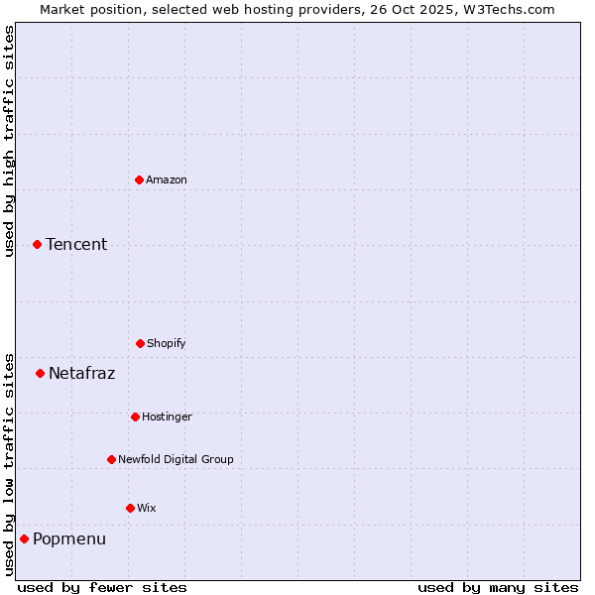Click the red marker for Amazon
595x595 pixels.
pyautogui.click(x=139, y=179)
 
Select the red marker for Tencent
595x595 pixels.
pyautogui.click(x=37, y=244)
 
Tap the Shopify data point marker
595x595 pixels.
pyautogui.click(x=140, y=343)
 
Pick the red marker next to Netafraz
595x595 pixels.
pyautogui.click(x=40, y=373)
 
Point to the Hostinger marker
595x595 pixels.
pyautogui.click(x=135, y=416)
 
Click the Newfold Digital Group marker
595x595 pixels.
pyautogui.click(x=111, y=459)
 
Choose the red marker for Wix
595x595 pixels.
pyautogui.click(x=130, y=508)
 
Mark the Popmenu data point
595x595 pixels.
pyautogui.click(x=24, y=538)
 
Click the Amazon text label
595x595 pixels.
pyautogui.click(x=167, y=179)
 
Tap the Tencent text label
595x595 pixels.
pyautogui.click(x=76, y=244)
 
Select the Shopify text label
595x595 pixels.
pyautogui.click(x=167, y=343)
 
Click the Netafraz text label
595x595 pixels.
pyautogui.click(x=81, y=373)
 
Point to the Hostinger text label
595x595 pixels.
pyautogui.click(x=167, y=416)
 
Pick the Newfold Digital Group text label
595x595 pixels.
pyautogui.click(x=176, y=459)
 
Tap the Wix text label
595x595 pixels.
pyautogui.click(x=147, y=508)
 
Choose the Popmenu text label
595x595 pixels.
pyautogui.click(x=69, y=538)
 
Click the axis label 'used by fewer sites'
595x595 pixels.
pyautogui.click(x=102, y=587)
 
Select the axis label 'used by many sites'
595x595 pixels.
pyautogui.click(x=498, y=587)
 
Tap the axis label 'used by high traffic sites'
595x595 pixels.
pyautogui.click(x=9, y=141)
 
